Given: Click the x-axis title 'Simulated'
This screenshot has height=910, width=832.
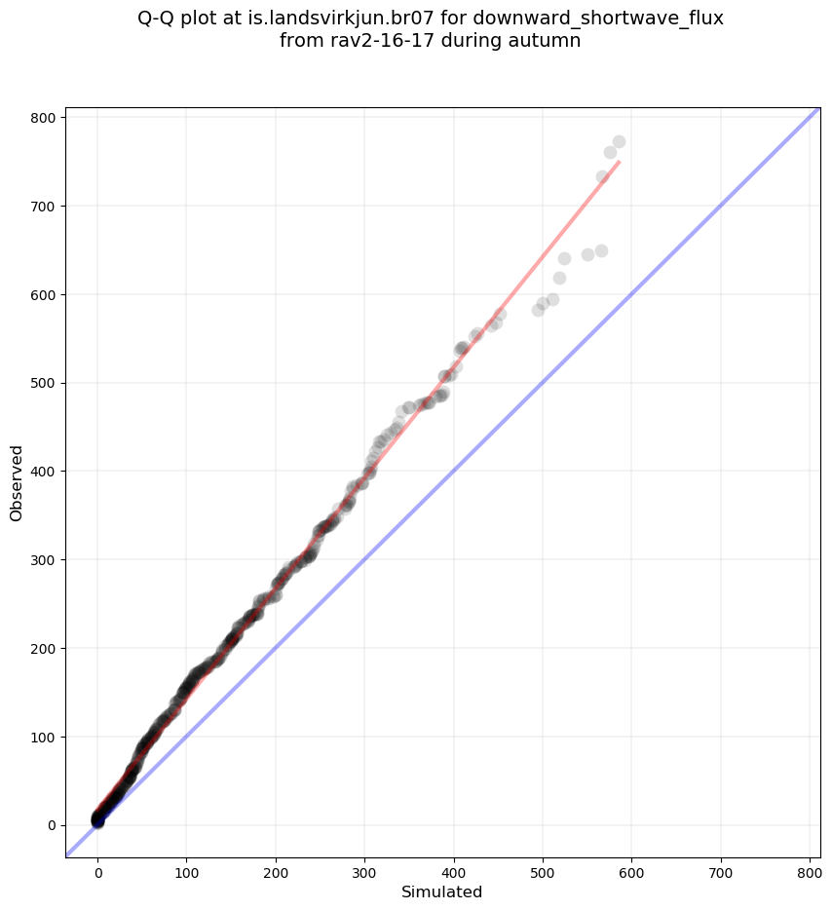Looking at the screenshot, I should pos(442,891).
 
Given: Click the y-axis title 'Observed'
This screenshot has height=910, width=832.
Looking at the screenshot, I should pos(17,482).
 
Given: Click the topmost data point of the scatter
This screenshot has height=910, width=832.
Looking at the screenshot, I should pos(619,142).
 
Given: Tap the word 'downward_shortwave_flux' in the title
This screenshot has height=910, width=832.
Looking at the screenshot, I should pos(598,19).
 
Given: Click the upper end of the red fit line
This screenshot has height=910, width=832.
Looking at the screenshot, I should pos(619,162).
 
